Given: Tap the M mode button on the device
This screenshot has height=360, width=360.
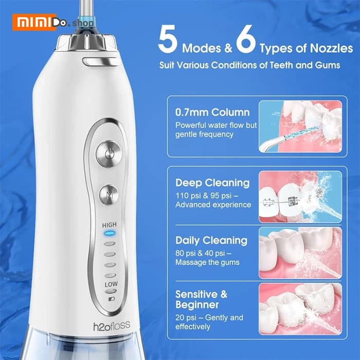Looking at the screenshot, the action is coord(109,195).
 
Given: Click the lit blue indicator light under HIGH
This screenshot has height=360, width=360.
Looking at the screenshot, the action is coord(109,233).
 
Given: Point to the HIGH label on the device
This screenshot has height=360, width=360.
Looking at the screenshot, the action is coord(109,225).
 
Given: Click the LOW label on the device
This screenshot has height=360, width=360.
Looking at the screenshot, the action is coord(111,284).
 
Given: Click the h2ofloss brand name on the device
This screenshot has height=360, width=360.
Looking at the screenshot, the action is coord(112,326).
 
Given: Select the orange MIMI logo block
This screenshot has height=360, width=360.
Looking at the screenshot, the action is coord(34,22).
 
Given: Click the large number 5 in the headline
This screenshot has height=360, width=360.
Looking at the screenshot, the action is coord(168,39).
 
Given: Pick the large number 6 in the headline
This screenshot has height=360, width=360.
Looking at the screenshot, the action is coord(246,39).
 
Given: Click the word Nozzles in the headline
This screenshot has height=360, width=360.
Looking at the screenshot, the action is coord(331,48).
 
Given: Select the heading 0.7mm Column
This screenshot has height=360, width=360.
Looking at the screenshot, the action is coord(212,112).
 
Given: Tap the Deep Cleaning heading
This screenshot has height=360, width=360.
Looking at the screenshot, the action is coord(212,183).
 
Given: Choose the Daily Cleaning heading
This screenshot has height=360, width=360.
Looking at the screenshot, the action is coord(211,241).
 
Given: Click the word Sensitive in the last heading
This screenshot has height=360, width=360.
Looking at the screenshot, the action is coord(196,294).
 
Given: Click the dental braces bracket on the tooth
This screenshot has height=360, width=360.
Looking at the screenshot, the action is coord(292,201).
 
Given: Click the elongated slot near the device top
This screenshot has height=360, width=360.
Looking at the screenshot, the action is coord(101,62).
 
